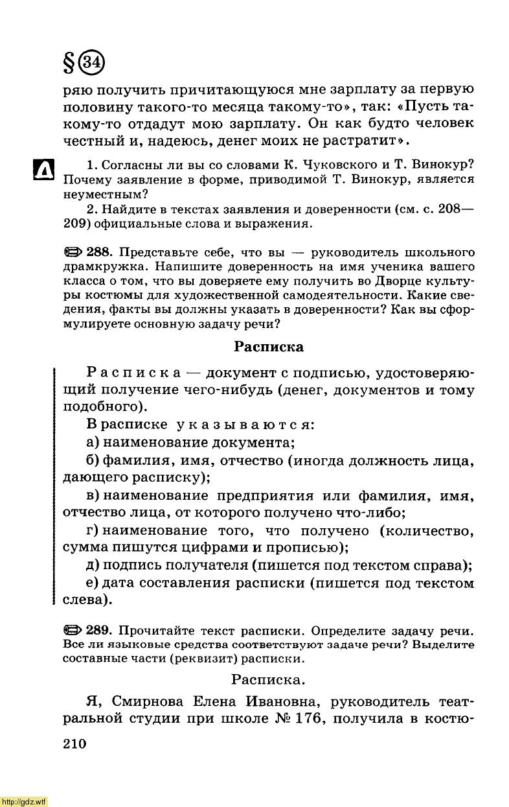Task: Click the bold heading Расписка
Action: (268, 347)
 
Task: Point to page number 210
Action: (75, 743)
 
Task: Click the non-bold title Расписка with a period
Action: (269, 680)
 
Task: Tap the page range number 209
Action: (75, 224)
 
